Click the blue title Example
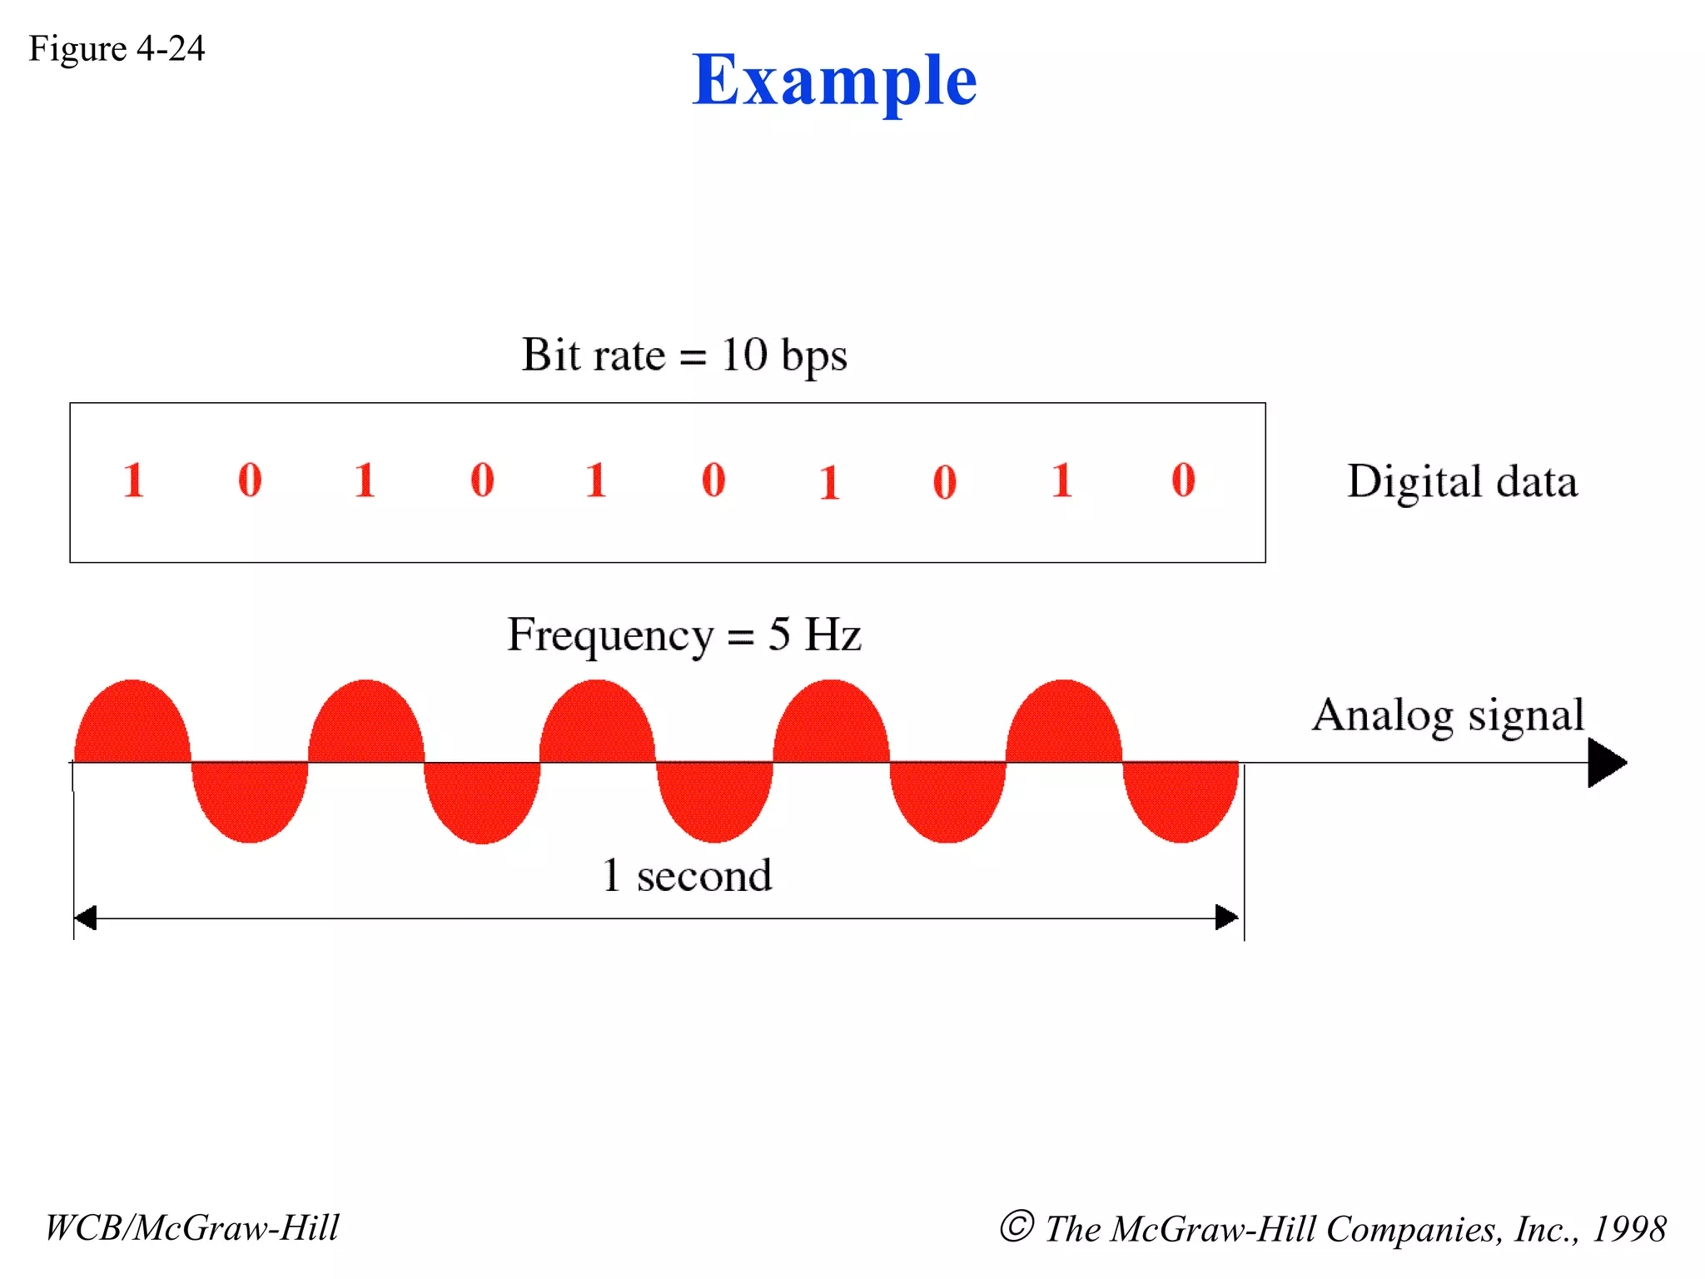(834, 82)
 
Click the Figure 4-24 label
(117, 48)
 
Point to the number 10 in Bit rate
(743, 356)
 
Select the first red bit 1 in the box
(133, 480)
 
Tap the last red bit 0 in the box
(1183, 480)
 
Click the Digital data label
(1462, 481)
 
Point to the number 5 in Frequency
(779, 635)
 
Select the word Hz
(833, 635)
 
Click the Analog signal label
(1448, 714)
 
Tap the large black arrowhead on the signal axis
(1606, 763)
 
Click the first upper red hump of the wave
(133, 723)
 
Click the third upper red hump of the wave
(598, 723)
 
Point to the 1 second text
(687, 875)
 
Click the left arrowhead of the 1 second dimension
(85, 918)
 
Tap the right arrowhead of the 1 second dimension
(1227, 918)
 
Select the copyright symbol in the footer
(1017, 1227)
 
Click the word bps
(814, 358)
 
